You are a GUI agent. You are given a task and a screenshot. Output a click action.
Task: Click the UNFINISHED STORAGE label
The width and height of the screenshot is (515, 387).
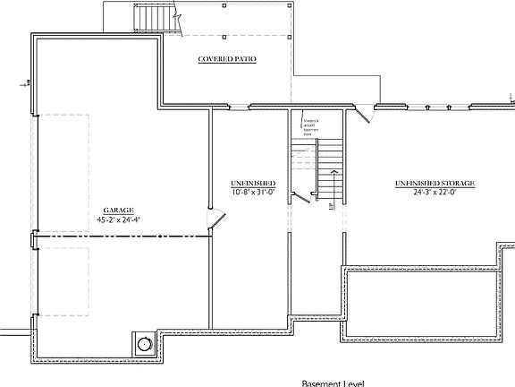click(435, 183)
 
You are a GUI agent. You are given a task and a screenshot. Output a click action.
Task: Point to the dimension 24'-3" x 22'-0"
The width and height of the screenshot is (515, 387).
click(435, 192)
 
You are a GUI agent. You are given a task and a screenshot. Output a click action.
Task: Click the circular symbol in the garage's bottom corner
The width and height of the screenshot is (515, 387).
click(143, 342)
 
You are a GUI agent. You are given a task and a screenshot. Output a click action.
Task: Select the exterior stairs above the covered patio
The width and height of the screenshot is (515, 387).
click(146, 17)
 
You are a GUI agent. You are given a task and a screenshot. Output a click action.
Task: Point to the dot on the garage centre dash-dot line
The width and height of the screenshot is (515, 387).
click(138, 236)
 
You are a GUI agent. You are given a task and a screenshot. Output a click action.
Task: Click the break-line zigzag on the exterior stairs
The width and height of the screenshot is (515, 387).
click(177, 14)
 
